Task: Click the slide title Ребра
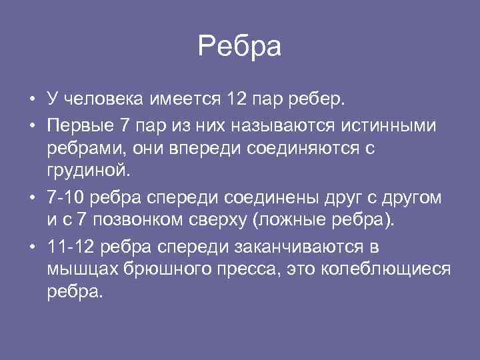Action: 240,47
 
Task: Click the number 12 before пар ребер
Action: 237,100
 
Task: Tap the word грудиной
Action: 86,172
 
